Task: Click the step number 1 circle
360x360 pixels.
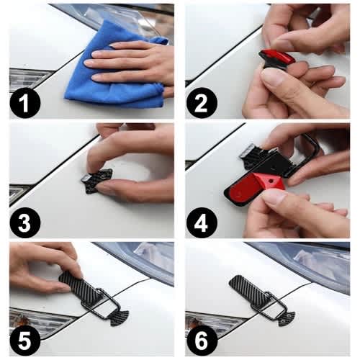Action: point(25,103)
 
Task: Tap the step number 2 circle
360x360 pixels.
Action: point(202,103)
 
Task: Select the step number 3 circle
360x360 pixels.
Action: point(25,222)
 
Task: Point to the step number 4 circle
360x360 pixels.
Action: point(202,222)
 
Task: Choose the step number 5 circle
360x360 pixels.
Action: point(25,341)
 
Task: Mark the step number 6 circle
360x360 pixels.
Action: point(202,341)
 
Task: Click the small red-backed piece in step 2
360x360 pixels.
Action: point(276,58)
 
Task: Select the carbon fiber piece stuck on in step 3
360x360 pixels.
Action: point(95,181)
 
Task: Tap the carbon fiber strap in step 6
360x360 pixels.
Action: point(250,289)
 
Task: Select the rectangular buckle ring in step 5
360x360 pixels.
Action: point(100,303)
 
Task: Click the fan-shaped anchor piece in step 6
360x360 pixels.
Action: point(286,318)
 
